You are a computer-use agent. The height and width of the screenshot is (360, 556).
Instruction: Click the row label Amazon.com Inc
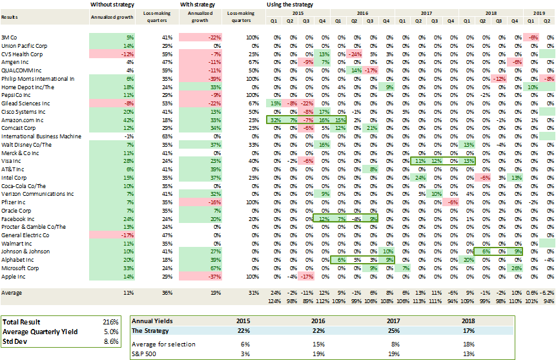[23, 120]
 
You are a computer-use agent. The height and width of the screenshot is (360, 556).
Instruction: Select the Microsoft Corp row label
[21, 268]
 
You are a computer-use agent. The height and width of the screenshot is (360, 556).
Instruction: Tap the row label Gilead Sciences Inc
[26, 103]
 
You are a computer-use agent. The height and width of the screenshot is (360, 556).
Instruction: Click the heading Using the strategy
[291, 5]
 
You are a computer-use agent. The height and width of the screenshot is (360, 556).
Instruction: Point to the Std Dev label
[17, 341]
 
